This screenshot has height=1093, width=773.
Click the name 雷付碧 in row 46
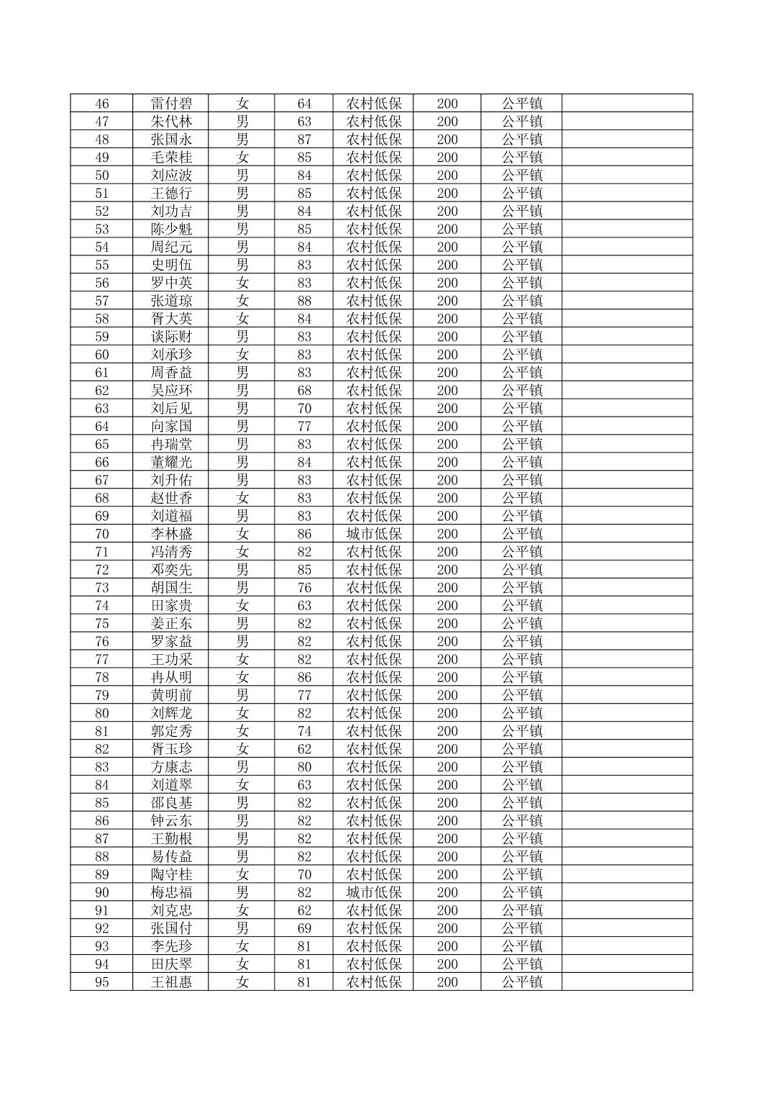(x=171, y=104)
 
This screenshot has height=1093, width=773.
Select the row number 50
(x=102, y=176)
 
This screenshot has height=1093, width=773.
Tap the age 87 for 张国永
(x=304, y=140)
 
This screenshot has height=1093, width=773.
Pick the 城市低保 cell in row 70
(x=374, y=534)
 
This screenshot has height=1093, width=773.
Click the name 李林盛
(x=171, y=534)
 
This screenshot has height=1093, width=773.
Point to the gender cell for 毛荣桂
(x=242, y=158)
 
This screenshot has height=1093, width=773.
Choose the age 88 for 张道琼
(x=304, y=301)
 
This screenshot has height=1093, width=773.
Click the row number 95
(x=102, y=982)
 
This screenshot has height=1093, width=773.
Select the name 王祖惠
(x=171, y=982)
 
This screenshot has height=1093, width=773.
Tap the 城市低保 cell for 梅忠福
(x=374, y=892)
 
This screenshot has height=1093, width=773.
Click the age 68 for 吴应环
(x=304, y=391)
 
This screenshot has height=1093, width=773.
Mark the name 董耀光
(x=171, y=462)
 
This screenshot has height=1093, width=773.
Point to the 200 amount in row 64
(x=447, y=427)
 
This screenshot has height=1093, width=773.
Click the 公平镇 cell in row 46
(x=522, y=104)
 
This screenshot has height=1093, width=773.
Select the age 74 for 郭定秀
(x=304, y=731)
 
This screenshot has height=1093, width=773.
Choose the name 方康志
(x=171, y=767)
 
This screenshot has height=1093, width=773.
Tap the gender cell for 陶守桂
(x=242, y=874)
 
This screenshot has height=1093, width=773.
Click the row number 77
(x=102, y=660)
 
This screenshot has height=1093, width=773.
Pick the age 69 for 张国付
(x=304, y=928)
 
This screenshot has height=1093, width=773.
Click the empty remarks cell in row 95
(x=627, y=982)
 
